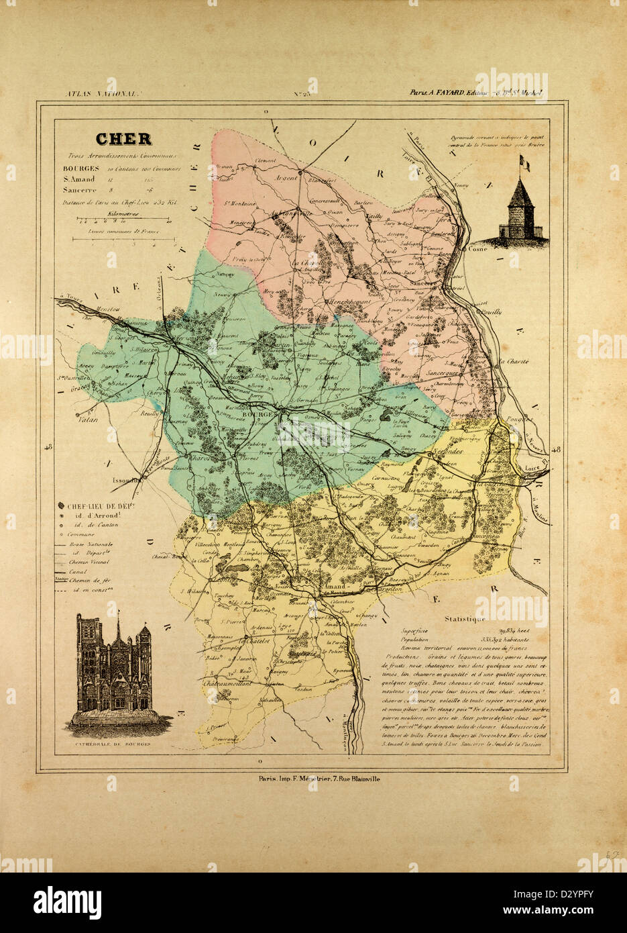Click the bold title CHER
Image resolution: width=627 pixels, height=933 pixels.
point(123,139)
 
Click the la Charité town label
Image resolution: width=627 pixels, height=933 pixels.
point(512,362)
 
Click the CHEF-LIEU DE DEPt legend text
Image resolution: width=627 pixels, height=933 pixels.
point(91,505)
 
